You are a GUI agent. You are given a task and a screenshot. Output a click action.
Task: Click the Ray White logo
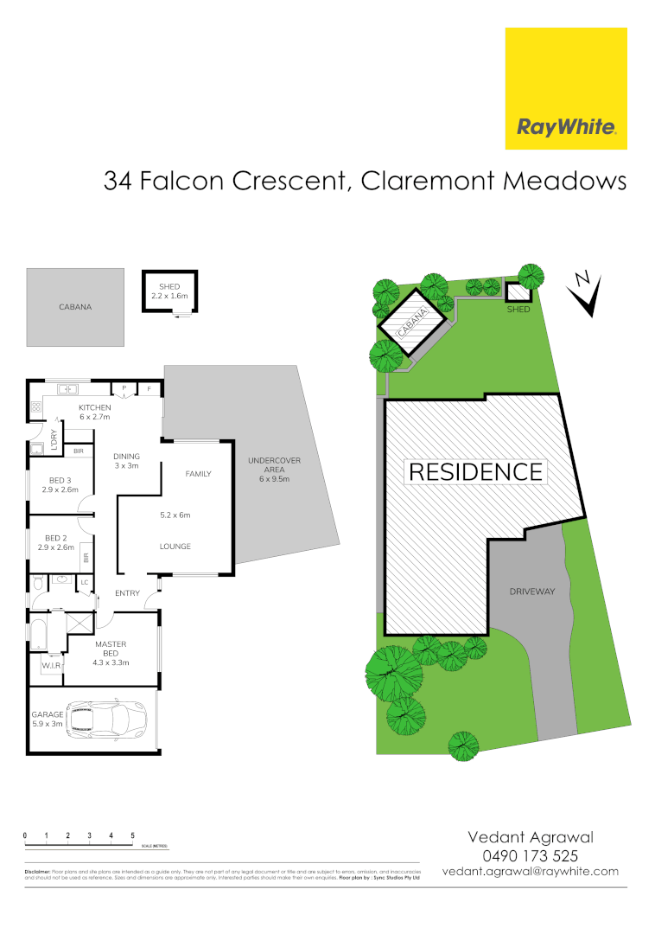tap(566, 88)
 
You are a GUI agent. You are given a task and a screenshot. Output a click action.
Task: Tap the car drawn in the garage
tap(107, 719)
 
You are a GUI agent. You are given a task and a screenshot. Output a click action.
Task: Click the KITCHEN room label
tap(95, 411)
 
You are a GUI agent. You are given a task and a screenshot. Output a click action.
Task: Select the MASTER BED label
tap(111, 653)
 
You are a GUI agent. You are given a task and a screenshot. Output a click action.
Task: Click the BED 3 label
tap(60, 484)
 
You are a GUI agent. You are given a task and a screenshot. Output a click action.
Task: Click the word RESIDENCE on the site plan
tap(475, 472)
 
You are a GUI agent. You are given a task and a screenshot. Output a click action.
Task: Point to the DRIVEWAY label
tap(531, 592)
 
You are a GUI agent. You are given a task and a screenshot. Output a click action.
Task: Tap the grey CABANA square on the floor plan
tap(75, 306)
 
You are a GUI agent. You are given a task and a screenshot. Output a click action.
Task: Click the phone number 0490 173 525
tap(530, 854)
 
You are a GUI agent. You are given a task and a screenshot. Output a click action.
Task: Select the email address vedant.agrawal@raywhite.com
tap(530, 871)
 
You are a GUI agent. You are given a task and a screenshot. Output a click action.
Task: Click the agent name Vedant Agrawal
tap(530, 836)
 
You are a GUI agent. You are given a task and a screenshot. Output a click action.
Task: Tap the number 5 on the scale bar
tap(132, 835)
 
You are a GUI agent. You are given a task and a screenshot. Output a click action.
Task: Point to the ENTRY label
tap(127, 593)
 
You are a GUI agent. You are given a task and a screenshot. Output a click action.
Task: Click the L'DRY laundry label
tap(54, 439)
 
